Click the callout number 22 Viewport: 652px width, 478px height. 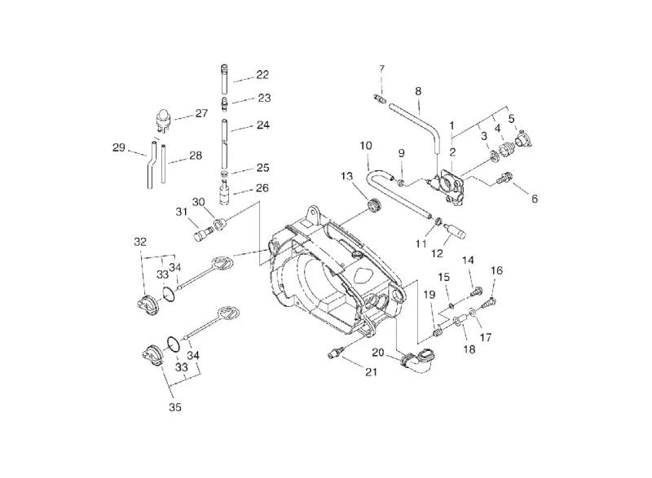262,75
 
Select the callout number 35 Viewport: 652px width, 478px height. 175,407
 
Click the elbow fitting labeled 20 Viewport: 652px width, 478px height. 418,359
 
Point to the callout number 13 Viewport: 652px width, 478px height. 346,176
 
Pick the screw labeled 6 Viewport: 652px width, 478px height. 504,178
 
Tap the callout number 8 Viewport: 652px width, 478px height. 418,91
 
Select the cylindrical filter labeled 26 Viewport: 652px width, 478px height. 226,194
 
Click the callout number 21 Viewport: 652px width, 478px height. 371,372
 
